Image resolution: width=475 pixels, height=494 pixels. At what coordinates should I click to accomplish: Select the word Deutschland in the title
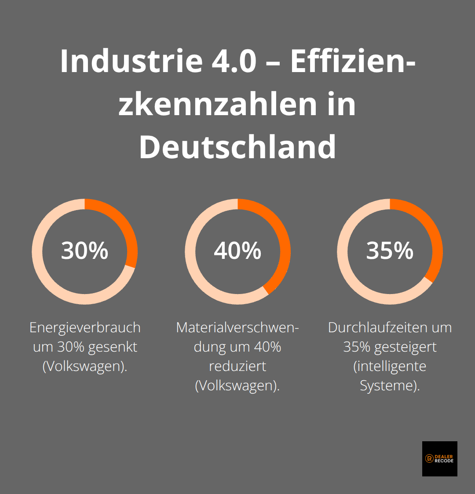coord(237,147)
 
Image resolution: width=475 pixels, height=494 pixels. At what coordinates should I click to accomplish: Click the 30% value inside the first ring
coord(84,251)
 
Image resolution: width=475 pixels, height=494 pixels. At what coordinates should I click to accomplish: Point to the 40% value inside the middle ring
coord(237,251)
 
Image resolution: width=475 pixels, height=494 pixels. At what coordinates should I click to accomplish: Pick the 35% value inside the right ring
coord(390,251)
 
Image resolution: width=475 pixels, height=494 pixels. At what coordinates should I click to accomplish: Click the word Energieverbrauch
coord(85,328)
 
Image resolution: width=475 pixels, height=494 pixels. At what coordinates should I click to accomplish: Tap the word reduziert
coord(237,367)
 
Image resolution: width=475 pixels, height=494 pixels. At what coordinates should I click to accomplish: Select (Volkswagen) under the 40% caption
coord(237,386)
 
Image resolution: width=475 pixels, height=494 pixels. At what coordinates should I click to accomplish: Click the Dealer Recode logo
coord(439,459)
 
